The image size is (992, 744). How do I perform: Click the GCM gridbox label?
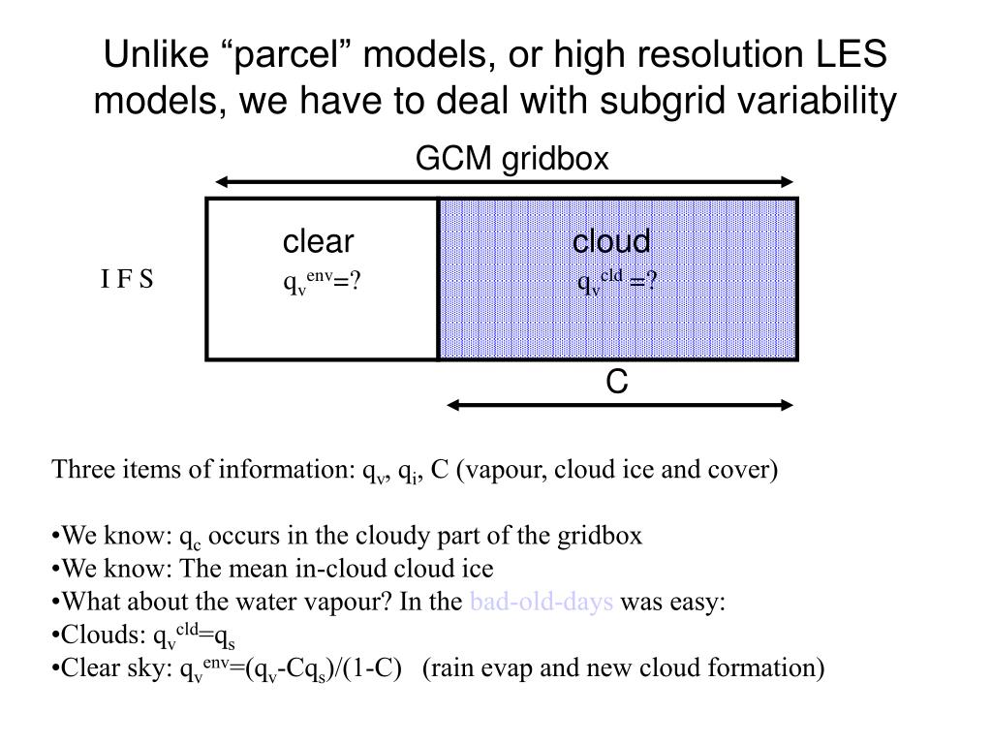click(x=511, y=159)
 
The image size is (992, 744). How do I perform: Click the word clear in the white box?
click(x=318, y=241)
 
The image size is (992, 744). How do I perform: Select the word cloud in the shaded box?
click(x=611, y=241)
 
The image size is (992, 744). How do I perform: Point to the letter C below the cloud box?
click(x=617, y=383)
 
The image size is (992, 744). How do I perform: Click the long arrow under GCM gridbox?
click(x=504, y=181)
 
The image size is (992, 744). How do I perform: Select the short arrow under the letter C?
click(x=620, y=405)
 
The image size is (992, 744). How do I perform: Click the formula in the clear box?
click(x=321, y=282)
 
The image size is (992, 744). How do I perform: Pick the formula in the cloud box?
click(x=618, y=282)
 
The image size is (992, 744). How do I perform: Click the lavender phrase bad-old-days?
click(x=541, y=603)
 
